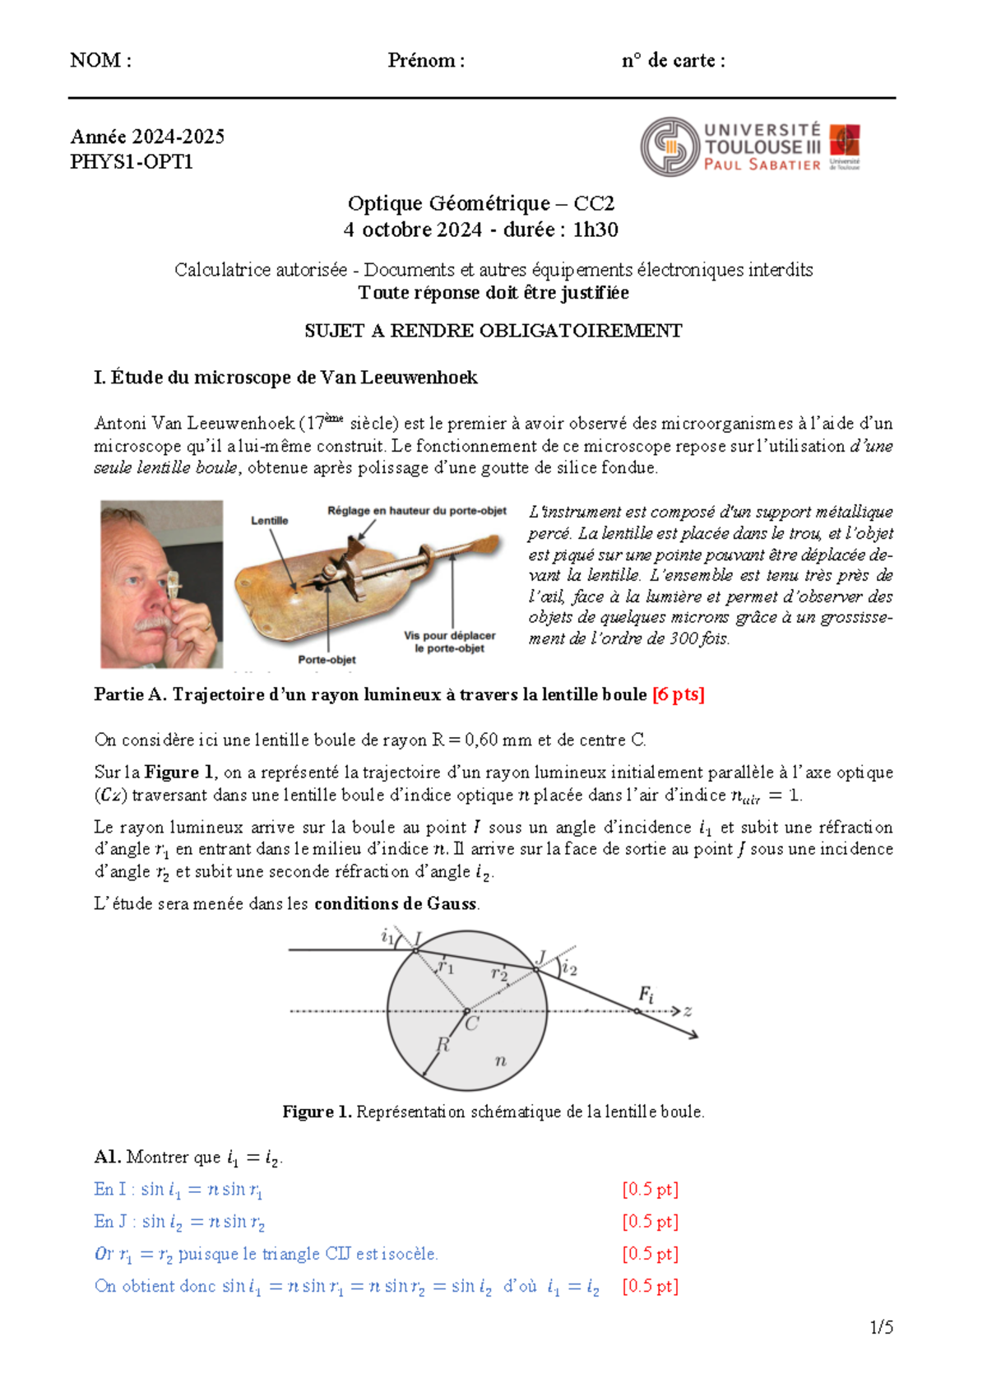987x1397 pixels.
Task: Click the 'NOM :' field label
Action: (100, 60)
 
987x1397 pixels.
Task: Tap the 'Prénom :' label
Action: (426, 60)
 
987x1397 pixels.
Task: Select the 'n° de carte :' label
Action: (673, 60)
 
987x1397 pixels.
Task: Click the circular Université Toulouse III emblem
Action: (670, 146)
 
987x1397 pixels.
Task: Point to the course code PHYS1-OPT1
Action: (132, 161)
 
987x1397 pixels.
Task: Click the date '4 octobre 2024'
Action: (412, 230)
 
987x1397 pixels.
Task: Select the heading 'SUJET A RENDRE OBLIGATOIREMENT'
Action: (493, 331)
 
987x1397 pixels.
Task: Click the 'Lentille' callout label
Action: (269, 520)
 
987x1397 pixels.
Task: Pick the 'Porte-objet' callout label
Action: (327, 659)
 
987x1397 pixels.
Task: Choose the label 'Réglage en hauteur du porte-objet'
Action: (417, 510)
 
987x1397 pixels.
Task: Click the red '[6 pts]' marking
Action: (678, 694)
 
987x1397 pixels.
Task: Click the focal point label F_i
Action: (646, 995)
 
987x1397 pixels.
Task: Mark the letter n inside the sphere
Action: (500, 1061)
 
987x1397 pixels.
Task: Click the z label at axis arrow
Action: (688, 1011)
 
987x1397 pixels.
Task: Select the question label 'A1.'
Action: (108, 1157)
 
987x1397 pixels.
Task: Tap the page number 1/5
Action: (881, 1327)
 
